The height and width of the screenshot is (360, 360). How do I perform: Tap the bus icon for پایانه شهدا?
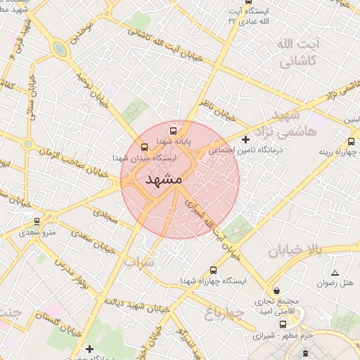[173, 130]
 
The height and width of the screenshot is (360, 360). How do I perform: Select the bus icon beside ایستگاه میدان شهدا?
[144, 147]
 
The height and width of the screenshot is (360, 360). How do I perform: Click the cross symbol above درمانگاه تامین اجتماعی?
[245, 139]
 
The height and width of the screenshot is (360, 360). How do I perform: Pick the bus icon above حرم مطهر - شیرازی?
[283, 324]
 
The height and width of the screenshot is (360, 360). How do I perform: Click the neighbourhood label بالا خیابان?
[295, 250]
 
